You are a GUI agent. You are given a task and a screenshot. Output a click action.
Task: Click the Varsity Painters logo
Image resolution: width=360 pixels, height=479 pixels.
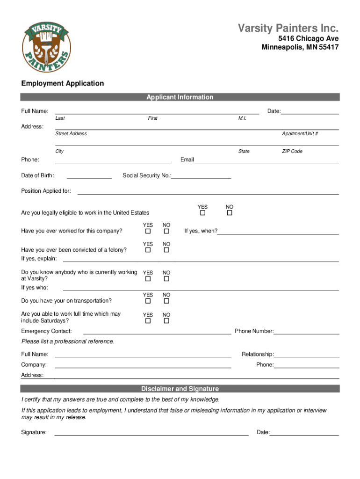click(x=47, y=46)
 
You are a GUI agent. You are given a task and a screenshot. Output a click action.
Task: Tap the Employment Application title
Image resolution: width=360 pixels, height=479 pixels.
click(x=63, y=83)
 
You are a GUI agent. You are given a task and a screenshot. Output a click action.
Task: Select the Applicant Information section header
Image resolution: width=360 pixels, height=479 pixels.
click(x=180, y=97)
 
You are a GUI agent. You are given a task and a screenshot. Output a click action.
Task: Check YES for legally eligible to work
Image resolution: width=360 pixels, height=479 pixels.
click(x=202, y=213)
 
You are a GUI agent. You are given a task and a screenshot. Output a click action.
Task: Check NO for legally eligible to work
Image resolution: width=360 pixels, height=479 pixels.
click(x=230, y=213)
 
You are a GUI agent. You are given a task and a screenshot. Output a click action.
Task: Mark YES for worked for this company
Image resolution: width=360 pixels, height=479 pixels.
click(x=148, y=232)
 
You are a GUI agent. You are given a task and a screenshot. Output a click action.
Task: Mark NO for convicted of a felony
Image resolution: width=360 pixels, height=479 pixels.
click(x=166, y=250)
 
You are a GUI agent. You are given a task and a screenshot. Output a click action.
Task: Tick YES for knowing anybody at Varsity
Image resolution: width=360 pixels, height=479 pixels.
click(x=148, y=279)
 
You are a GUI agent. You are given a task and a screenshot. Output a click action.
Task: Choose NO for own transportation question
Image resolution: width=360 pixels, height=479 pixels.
click(x=166, y=301)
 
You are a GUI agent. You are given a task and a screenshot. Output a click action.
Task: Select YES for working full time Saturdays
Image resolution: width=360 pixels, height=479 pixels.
click(x=148, y=321)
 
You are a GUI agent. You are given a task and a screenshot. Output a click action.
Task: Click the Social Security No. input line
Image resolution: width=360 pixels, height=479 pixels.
click(x=202, y=178)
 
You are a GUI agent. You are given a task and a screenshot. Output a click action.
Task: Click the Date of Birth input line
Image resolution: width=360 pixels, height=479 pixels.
click(x=89, y=178)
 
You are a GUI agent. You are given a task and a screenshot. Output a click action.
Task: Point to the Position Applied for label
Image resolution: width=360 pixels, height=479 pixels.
click(x=46, y=191)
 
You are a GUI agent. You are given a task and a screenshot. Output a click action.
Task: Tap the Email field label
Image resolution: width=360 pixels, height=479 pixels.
click(x=187, y=160)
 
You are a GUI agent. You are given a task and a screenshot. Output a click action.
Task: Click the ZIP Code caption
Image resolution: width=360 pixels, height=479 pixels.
click(x=292, y=152)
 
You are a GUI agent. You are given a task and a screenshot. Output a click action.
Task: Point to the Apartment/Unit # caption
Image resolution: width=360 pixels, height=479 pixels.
click(x=300, y=134)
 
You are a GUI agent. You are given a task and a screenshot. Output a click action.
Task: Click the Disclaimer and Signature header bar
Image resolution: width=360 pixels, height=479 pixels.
click(x=180, y=389)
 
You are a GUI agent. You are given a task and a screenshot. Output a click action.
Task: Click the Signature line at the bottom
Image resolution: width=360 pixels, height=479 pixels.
click(x=151, y=435)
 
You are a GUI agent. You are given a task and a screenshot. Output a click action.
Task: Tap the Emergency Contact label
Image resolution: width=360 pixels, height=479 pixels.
click(x=46, y=331)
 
